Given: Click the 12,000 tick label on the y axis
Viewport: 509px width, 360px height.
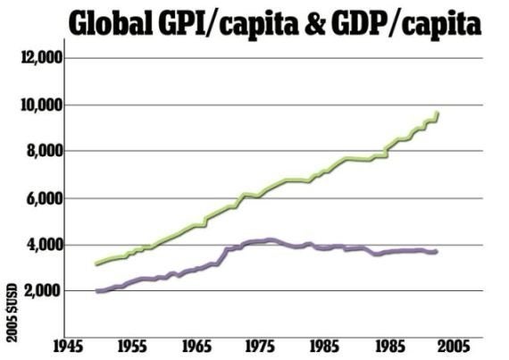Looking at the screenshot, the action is [x=42, y=58].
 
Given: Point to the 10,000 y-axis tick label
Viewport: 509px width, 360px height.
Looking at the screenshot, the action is [x=42, y=105].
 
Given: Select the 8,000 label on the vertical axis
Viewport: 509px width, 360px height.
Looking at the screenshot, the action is [x=44, y=151].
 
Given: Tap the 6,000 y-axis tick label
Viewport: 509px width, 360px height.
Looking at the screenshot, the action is [x=44, y=198].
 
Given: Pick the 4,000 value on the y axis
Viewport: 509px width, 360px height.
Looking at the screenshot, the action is [x=44, y=245].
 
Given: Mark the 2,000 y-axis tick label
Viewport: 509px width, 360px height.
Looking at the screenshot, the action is [x=44, y=291].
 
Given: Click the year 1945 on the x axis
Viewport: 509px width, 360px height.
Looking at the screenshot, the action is [x=68, y=347].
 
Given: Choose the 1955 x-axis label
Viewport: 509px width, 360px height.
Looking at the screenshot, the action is [x=132, y=347].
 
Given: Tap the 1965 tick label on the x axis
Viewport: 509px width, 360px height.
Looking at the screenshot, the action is [x=196, y=347].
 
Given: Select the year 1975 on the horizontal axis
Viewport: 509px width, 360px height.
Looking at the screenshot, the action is [x=260, y=347].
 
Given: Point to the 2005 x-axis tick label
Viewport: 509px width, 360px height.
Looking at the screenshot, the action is [x=455, y=347].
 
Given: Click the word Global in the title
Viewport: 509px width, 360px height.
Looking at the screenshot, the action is [x=111, y=22].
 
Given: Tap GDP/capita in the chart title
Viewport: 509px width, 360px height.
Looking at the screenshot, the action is [x=406, y=24].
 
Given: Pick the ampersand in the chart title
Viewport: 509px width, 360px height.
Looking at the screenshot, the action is [x=315, y=22].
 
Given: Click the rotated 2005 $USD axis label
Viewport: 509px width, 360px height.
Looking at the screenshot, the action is [x=12, y=313].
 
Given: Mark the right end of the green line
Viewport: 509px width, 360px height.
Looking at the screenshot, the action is [x=438, y=113].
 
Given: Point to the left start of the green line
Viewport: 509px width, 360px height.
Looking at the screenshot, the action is [x=96, y=264].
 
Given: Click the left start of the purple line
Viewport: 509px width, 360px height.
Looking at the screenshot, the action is [x=97, y=291].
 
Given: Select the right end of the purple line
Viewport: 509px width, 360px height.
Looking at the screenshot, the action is [x=437, y=252].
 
